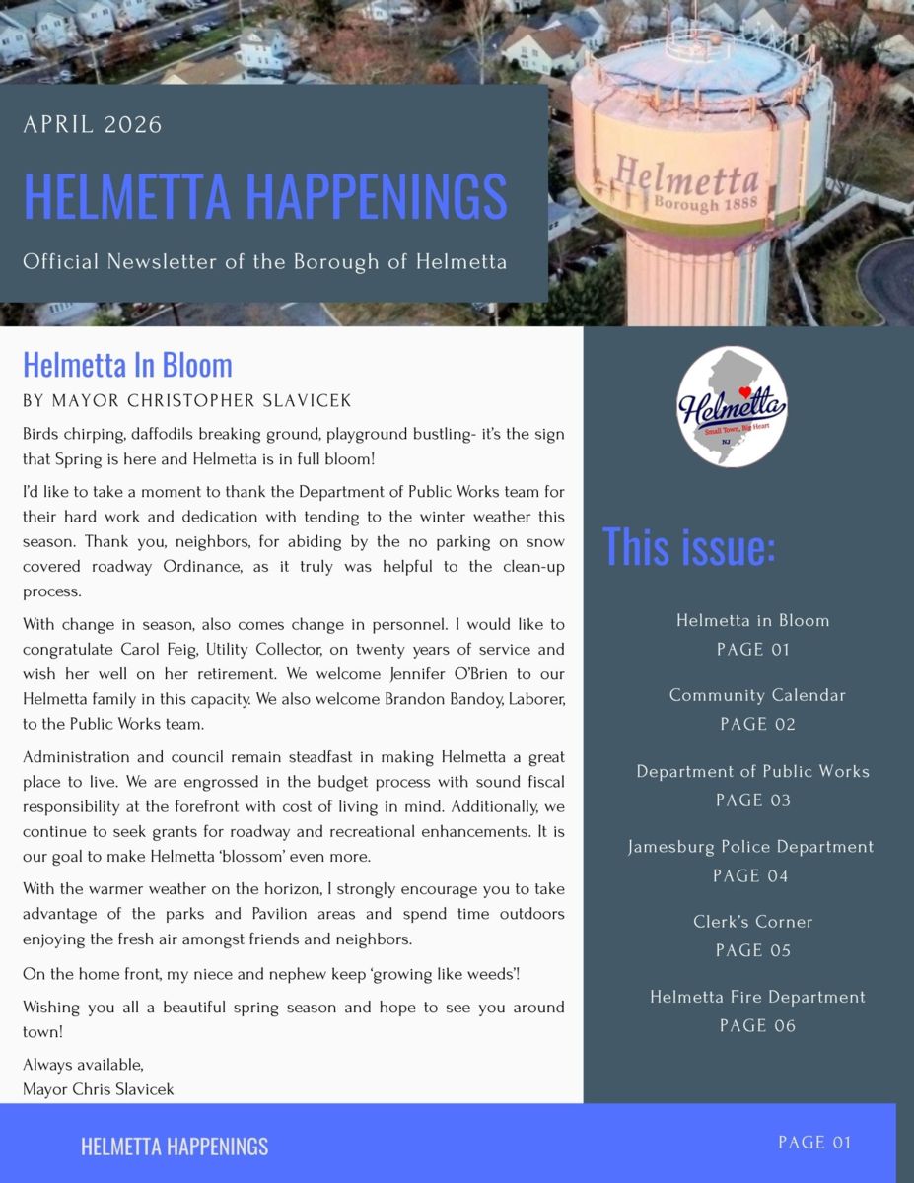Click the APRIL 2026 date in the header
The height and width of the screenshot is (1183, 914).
(93, 125)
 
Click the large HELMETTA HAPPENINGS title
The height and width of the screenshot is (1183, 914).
(264, 196)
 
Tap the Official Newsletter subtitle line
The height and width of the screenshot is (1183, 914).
(264, 262)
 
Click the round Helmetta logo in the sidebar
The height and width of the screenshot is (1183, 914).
(732, 406)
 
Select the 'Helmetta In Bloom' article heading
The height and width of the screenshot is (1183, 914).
(127, 365)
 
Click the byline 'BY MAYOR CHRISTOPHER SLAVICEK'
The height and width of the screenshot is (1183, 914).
(187, 401)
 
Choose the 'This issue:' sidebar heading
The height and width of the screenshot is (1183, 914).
(688, 546)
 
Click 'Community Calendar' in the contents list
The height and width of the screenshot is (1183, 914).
(757, 695)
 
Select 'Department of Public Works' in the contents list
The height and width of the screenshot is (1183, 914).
(753, 771)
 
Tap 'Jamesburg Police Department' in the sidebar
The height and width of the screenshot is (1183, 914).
(751, 847)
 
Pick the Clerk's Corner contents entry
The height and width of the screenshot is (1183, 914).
(753, 922)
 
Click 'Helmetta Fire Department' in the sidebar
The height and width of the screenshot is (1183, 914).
(757, 997)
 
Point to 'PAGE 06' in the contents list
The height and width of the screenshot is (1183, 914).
(757, 1026)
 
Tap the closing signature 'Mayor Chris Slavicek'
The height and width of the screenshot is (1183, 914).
(99, 1089)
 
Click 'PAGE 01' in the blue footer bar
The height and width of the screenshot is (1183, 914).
(814, 1143)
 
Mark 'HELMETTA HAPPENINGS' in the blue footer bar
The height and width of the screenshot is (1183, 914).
(175, 1147)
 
